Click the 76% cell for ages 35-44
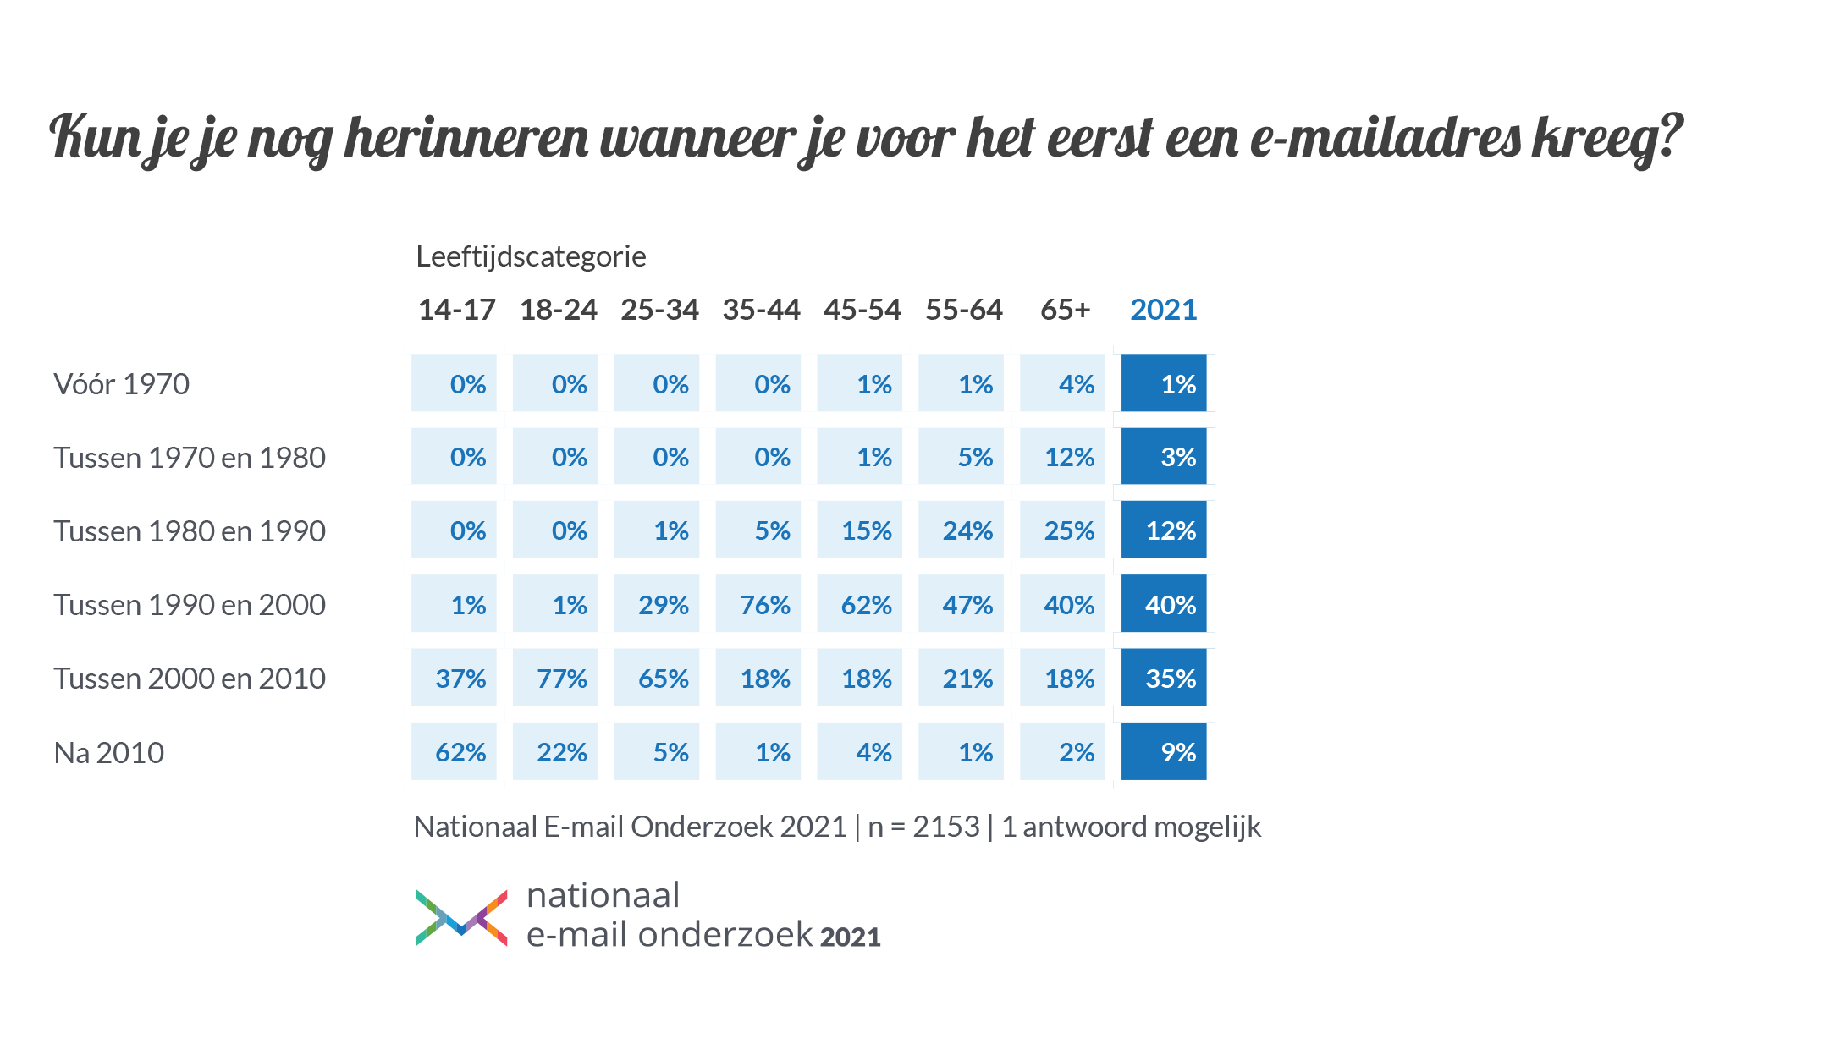pos(758,604)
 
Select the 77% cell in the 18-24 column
pos(555,678)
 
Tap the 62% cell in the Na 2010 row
pos(454,751)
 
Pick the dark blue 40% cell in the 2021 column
pos(1164,604)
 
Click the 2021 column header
pos(1163,310)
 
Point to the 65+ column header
pos(1065,310)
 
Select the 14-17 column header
pos(456,310)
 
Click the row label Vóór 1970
pos(121,384)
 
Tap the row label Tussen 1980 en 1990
pos(189,531)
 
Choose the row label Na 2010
pos(108,752)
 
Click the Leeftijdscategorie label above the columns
pos(531,256)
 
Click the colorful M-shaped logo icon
pos(461,917)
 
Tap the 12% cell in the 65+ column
pos(1063,457)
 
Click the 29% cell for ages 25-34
pos(657,604)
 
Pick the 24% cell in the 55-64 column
pos(962,530)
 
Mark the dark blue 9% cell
pos(1164,751)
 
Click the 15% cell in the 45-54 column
pos(860,530)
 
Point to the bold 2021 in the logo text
pos(850,937)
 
